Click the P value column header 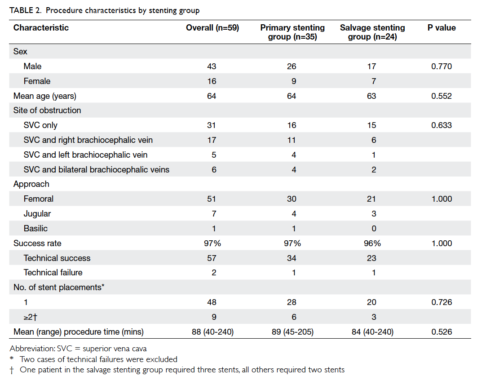(442, 27)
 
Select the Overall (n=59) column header (212, 27)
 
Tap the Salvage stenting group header (372, 32)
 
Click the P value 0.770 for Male (442, 66)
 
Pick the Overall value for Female (212, 81)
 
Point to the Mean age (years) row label (44, 96)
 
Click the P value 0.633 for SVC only (442, 125)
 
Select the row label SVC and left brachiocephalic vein (85, 155)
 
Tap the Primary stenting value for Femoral (292, 199)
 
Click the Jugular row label (37, 214)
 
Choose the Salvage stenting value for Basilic (374, 229)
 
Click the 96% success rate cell (372, 243)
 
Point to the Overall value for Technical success (212, 258)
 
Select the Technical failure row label (53, 273)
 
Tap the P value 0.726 (442, 302)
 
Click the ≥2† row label (31, 317)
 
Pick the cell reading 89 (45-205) (292, 332)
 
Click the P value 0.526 (442, 332)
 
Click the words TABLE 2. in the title (26, 10)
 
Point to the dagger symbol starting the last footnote (12, 370)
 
